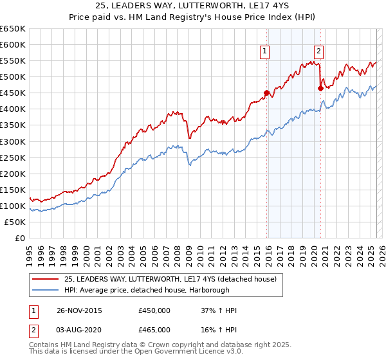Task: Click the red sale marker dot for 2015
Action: pyautogui.click(x=266, y=93)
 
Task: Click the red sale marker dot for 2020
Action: pyautogui.click(x=320, y=88)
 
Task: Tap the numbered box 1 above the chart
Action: pyautogui.click(x=265, y=53)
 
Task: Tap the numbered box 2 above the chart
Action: pyautogui.click(x=319, y=53)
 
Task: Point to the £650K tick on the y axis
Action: pyautogui.click(x=13, y=29)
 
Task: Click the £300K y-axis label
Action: pyautogui.click(x=13, y=141)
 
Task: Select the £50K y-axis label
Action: pyautogui.click(x=15, y=222)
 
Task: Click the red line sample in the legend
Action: pyautogui.click(x=45, y=279)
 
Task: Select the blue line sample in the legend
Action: pyautogui.click(x=45, y=290)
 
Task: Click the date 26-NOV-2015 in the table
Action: pyautogui.click(x=79, y=310)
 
